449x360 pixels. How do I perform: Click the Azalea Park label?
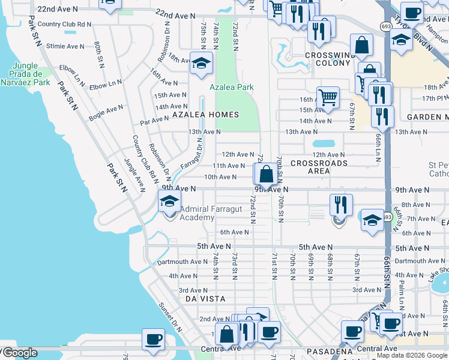click(231, 88)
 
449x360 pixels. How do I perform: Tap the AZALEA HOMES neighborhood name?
click(205, 114)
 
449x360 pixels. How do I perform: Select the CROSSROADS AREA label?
click(319, 167)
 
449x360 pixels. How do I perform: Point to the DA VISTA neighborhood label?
click(205, 298)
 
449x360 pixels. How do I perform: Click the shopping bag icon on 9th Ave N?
click(266, 175)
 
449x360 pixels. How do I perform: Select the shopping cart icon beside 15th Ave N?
click(328, 97)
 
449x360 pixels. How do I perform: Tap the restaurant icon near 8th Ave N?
click(340, 205)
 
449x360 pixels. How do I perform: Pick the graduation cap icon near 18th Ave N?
click(200, 62)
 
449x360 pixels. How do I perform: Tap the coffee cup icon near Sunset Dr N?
click(152, 339)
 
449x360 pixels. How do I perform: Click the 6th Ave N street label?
click(234, 232)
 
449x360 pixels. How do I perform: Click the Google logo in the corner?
click(19, 353)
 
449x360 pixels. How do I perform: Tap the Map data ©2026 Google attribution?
click(412, 356)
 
